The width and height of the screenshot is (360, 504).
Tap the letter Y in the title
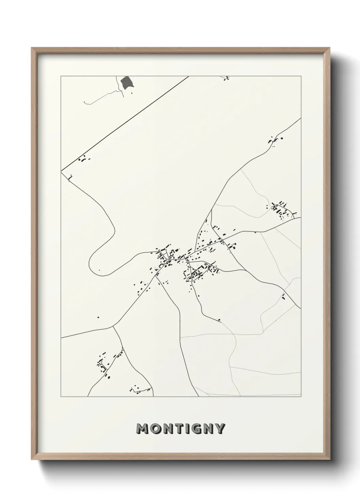[219, 429]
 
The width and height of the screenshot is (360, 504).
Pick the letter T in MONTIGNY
[177, 429]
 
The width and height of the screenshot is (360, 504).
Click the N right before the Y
[207, 429]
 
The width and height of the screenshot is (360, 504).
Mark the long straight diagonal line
[125, 123]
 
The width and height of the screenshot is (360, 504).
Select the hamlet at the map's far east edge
[282, 209]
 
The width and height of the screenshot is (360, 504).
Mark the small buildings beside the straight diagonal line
[83, 159]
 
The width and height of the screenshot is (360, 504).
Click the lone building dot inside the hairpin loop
[99, 271]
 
